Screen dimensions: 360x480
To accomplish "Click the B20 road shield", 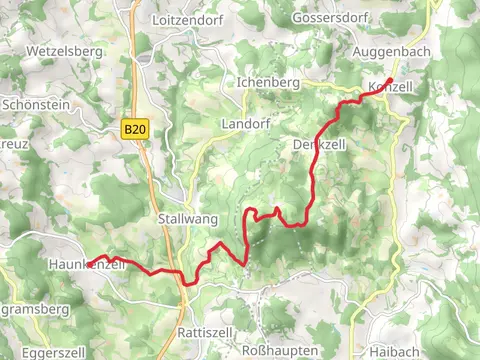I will (x=136, y=129).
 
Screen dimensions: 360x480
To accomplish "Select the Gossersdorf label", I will (x=325, y=19).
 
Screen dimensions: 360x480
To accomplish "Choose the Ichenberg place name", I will (x=268, y=81).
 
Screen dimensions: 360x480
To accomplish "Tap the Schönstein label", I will (x=38, y=103).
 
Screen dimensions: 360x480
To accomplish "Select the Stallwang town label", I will (x=186, y=217).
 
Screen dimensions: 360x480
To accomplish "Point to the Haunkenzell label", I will (x=87, y=264).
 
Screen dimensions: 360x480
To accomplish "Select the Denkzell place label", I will (x=320, y=145).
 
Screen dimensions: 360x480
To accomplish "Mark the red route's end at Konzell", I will (x=390, y=79).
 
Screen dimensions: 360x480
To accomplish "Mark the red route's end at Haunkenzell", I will (x=88, y=263).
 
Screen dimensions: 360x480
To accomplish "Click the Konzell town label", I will (x=391, y=88).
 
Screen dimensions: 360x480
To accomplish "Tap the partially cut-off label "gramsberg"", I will (x=35, y=310).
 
